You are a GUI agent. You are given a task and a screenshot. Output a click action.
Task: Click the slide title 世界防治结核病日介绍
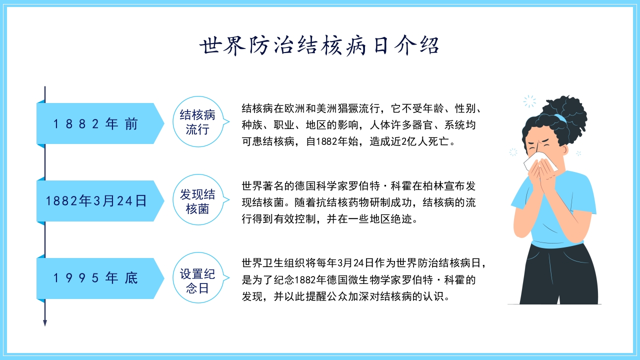tap(319, 46)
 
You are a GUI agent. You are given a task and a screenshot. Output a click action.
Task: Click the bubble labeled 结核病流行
tap(197, 123)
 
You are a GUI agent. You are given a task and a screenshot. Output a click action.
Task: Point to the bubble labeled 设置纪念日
tap(197, 280)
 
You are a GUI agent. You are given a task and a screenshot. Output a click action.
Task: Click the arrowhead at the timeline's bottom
tap(45, 322)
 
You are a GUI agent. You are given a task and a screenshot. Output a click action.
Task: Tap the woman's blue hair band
tap(559, 118)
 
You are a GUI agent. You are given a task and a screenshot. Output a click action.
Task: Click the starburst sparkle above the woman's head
tap(529, 101)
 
